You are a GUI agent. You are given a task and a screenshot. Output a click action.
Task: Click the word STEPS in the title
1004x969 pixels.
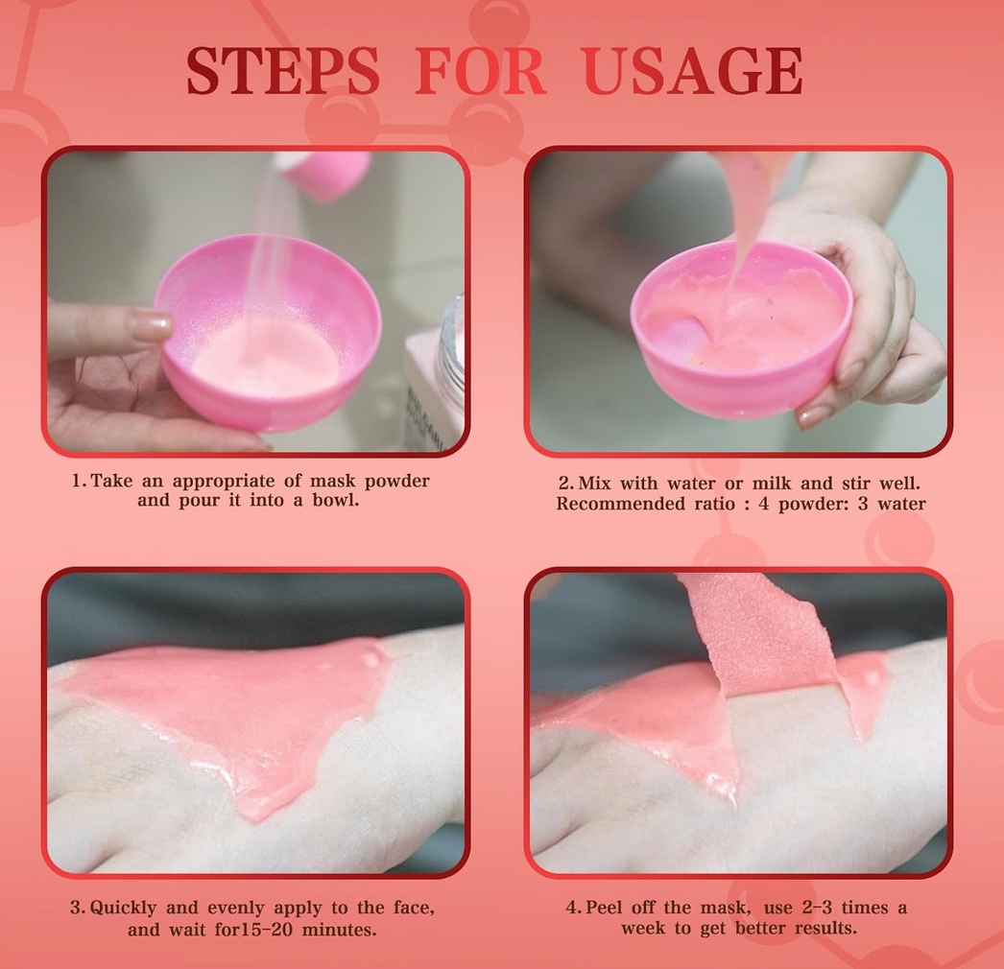click(x=283, y=70)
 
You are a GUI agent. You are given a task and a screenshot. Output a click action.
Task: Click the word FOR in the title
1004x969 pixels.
click(x=480, y=70)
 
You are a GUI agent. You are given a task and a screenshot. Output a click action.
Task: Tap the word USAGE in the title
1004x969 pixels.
click(x=693, y=70)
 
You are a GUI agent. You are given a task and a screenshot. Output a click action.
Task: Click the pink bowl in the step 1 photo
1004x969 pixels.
click(x=268, y=332)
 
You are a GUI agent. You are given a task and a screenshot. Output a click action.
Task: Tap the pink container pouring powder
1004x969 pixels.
click(x=323, y=173)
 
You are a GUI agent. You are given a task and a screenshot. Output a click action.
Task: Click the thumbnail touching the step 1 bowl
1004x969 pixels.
click(x=150, y=324)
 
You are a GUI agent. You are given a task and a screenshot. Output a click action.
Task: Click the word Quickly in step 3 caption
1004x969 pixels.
click(x=123, y=909)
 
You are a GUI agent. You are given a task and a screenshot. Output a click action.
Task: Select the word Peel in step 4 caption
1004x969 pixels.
click(x=605, y=909)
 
